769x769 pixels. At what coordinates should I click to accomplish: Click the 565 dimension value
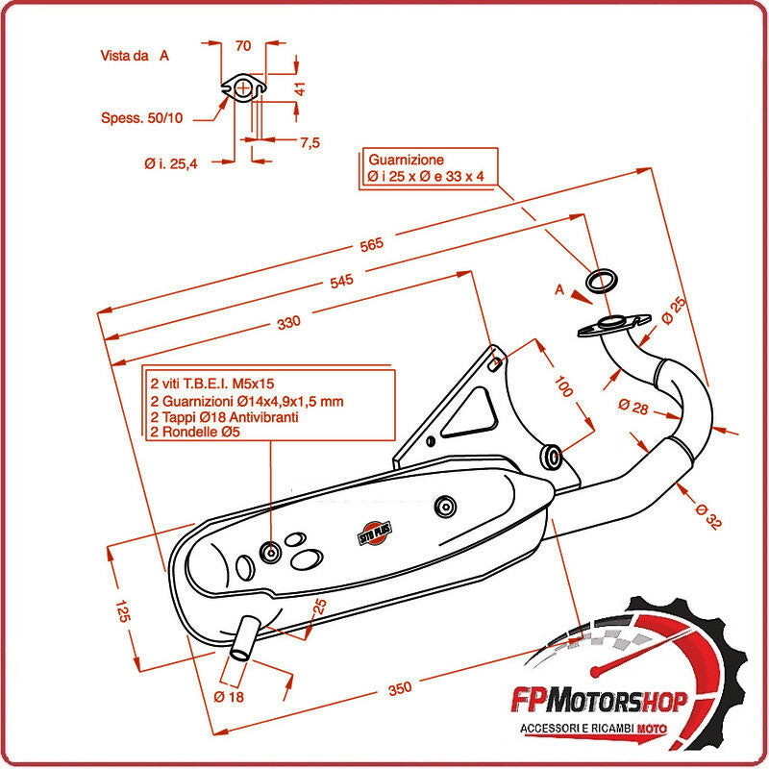pos(371,244)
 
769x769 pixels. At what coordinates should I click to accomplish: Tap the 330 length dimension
pos(288,321)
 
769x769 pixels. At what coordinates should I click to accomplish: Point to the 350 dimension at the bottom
pos(401,687)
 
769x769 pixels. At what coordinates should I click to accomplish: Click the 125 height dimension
pos(122,611)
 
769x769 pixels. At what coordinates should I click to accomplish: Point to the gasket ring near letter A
pos(603,281)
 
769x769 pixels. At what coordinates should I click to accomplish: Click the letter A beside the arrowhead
pos(558,287)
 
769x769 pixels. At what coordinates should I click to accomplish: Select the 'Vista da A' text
pos(135,56)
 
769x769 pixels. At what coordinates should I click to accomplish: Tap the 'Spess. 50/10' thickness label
pos(141,117)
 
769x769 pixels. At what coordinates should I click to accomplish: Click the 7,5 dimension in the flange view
pos(310,142)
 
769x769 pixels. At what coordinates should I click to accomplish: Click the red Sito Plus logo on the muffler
pos(371,526)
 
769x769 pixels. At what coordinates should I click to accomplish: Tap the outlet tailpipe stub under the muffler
pos(244,638)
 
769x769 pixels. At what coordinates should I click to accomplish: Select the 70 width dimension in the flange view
pos(243,45)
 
